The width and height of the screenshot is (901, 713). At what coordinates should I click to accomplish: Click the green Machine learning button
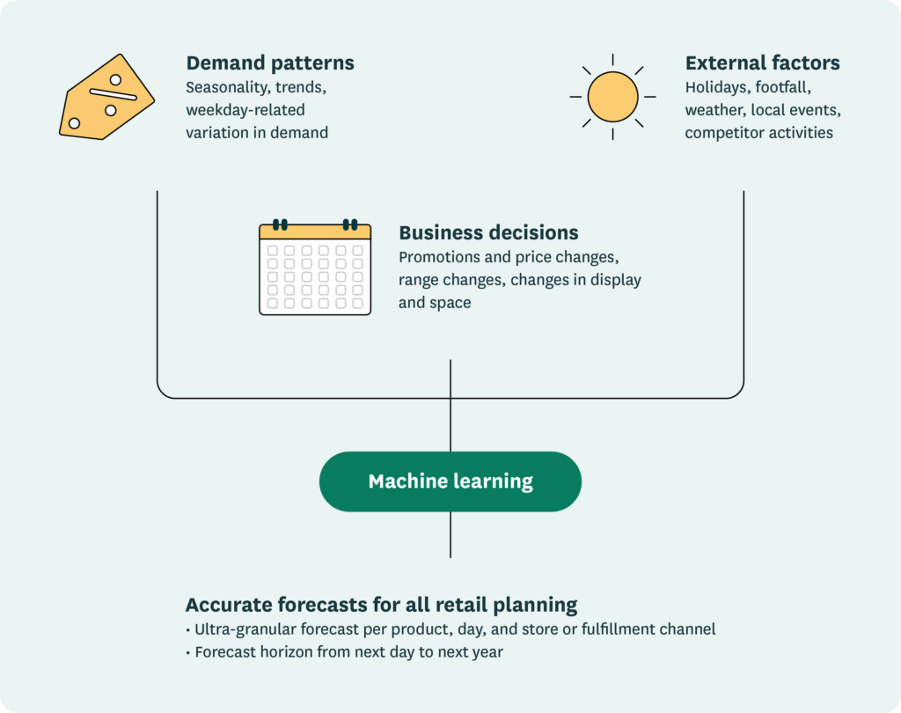[x=450, y=481]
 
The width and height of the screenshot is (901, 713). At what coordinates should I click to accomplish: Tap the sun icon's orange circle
[x=612, y=97]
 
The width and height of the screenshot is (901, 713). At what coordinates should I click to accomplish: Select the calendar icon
[x=314, y=268]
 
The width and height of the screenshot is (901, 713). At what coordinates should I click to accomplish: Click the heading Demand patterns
[x=270, y=63]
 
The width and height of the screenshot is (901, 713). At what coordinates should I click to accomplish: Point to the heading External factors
[x=762, y=63]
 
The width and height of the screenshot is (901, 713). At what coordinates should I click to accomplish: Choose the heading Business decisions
[x=488, y=233]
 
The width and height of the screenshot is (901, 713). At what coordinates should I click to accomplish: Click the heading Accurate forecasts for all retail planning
[x=381, y=605]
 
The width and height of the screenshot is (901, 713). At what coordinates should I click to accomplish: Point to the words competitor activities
[x=758, y=133]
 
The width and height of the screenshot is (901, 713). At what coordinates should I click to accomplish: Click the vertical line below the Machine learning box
[x=450, y=534]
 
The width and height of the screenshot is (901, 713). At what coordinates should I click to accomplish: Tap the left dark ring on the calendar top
[x=280, y=224]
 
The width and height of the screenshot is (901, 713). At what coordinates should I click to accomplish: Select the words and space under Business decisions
[x=435, y=303]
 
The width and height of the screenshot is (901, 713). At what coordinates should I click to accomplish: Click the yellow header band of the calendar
[x=314, y=232]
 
